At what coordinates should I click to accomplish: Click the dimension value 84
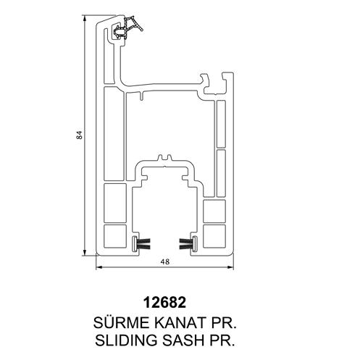coord(80,135)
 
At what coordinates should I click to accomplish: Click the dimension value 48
coord(165,261)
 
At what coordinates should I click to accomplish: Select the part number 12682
coord(165,302)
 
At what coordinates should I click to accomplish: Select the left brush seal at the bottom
coord(141,243)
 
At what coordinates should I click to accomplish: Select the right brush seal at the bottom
coord(188,243)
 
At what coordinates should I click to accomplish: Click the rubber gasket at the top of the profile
coord(127,28)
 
